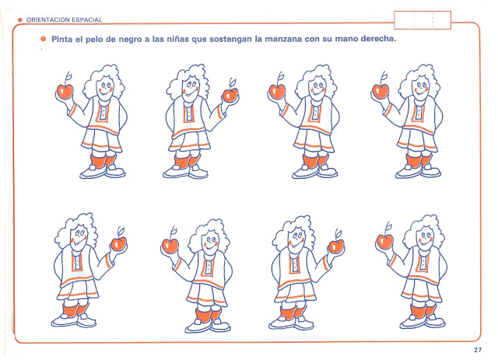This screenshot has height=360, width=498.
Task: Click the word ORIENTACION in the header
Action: point(48,19)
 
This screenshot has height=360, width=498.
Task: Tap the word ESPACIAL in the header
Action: point(87,19)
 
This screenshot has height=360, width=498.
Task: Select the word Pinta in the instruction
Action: point(62,39)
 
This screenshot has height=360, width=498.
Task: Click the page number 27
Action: point(477,350)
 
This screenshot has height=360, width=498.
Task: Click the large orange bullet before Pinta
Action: point(44,39)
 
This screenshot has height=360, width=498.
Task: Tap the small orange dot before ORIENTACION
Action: point(20,19)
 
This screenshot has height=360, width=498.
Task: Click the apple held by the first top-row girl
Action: point(65,90)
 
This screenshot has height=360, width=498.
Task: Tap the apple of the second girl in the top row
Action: point(230,94)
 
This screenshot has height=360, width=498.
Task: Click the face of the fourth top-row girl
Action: point(421,87)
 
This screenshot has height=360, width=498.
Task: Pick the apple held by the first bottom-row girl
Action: point(119,243)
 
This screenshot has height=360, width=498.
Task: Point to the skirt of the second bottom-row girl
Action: point(207,295)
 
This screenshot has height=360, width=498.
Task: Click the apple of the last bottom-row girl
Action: point(385,241)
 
